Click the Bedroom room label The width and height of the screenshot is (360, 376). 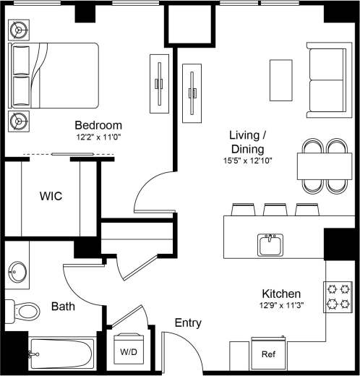click(98, 125)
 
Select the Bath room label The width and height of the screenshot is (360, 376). click(63, 307)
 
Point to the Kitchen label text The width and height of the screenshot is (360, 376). click(281, 294)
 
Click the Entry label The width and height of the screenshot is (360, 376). click(187, 323)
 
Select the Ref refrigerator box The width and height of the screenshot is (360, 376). click(268, 355)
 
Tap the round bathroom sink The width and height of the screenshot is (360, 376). click(18, 274)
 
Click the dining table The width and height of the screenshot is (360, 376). click(324, 166)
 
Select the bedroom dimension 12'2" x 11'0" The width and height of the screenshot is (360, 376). click(98, 137)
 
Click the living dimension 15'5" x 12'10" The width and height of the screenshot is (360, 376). click(248, 161)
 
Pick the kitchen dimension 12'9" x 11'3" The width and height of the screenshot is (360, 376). click(281, 306)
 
